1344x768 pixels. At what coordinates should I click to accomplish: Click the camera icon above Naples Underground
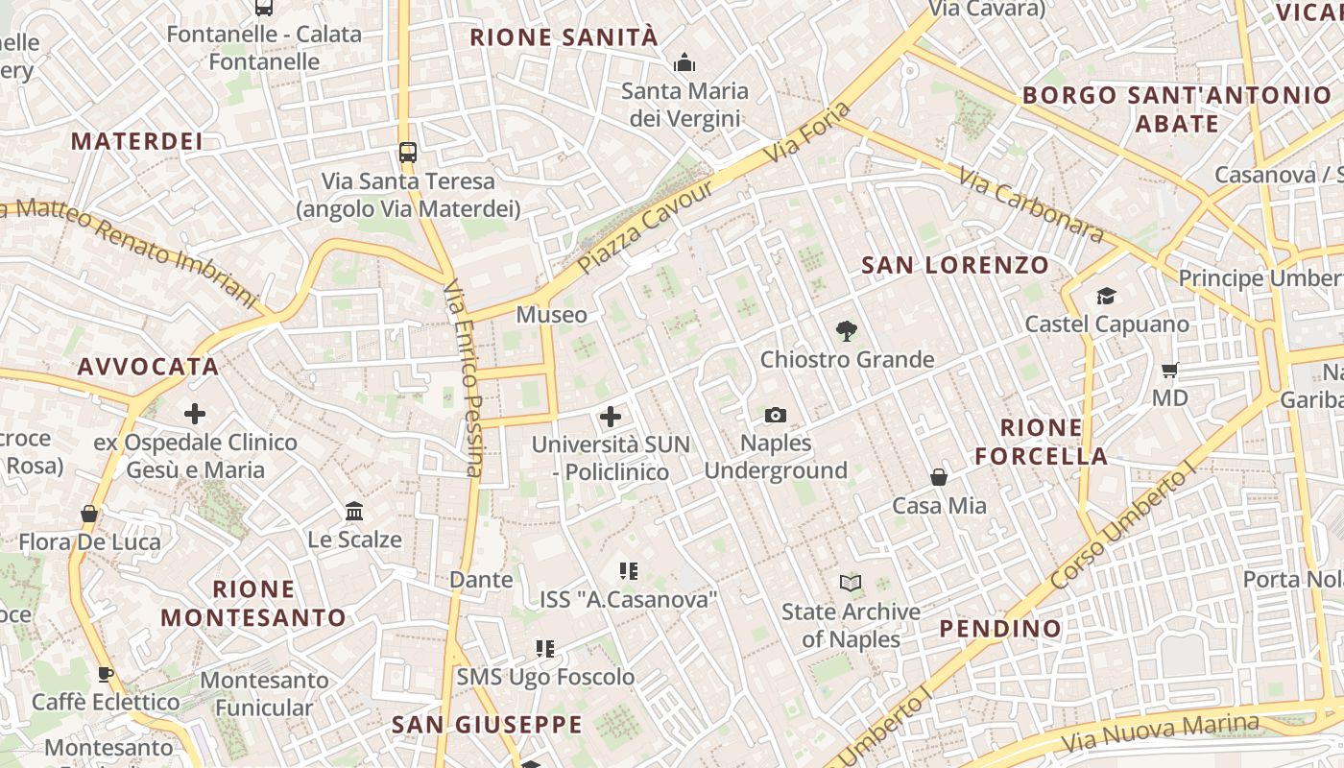click(776, 415)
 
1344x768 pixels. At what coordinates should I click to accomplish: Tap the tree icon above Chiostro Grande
click(846, 331)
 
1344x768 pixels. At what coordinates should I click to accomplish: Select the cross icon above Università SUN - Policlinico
click(611, 417)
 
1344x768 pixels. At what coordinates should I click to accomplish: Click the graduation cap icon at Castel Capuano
click(1107, 296)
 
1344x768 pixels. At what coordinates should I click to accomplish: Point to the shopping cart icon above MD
click(1169, 370)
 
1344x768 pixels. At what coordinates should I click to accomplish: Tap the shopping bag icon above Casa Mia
click(939, 477)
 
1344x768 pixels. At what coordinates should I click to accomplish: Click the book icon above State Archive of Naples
click(851, 583)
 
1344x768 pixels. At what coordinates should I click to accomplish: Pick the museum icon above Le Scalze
click(354, 512)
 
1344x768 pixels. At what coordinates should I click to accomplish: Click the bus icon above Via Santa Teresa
click(408, 152)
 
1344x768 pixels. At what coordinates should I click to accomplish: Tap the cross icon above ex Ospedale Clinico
click(195, 414)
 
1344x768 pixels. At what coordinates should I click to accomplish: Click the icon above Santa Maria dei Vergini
click(684, 63)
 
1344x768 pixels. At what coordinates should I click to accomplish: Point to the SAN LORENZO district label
click(954, 265)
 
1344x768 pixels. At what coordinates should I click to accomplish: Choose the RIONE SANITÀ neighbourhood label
click(564, 37)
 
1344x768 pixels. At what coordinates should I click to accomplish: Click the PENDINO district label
click(1000, 629)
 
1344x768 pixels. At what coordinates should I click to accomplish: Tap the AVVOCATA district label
click(149, 367)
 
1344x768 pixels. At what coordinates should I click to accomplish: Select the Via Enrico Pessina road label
click(464, 378)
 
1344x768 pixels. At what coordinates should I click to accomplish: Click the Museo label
click(551, 315)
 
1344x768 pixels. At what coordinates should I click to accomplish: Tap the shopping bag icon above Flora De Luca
click(89, 514)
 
